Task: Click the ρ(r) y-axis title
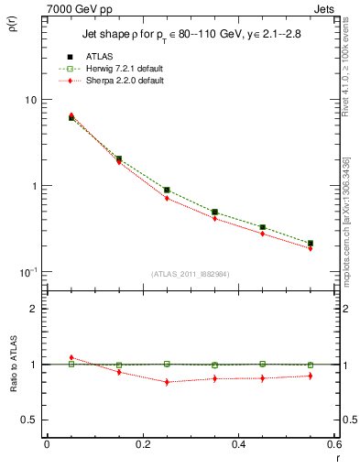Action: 17,24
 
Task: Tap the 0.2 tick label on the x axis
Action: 142,446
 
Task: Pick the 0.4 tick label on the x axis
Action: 238,446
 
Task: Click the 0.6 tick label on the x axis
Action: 333,446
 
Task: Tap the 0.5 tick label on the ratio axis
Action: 29,420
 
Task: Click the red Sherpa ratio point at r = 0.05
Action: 71,357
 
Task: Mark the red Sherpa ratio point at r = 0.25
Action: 167,382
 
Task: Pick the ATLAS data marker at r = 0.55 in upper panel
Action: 311,244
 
